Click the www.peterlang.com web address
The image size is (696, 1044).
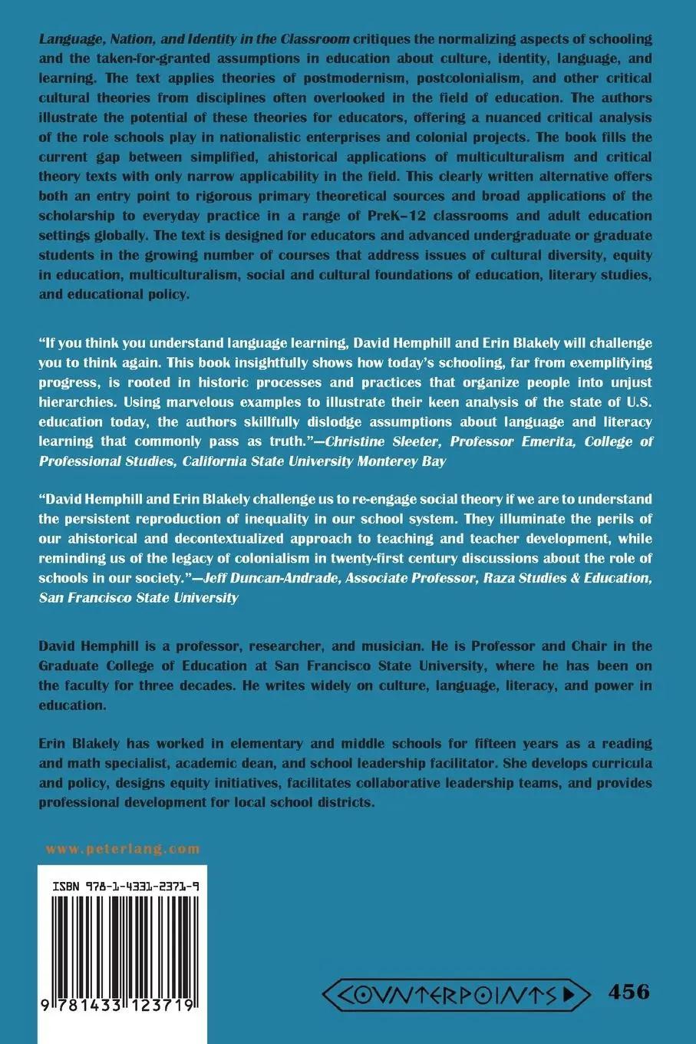(x=123, y=849)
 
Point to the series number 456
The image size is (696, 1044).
(x=628, y=991)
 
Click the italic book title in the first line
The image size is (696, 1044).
(x=195, y=38)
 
